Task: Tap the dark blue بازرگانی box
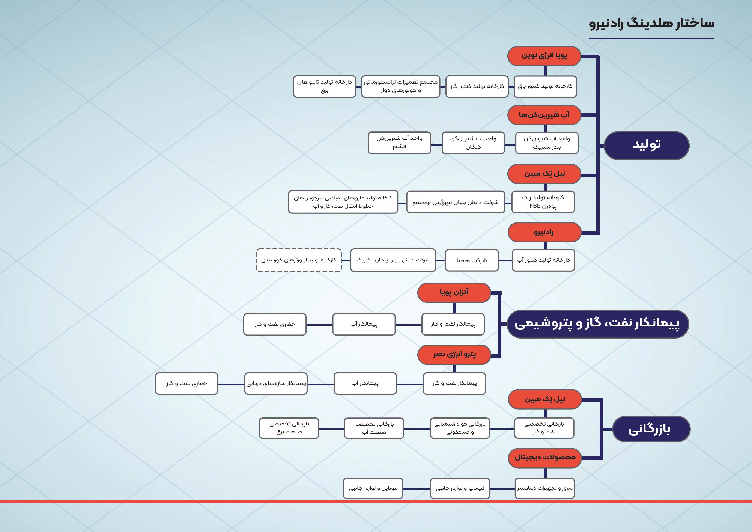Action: [651, 429]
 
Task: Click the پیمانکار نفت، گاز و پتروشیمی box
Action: [597, 324]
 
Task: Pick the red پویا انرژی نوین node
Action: [544, 56]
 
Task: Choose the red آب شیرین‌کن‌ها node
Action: [544, 115]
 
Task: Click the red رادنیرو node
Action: [544, 232]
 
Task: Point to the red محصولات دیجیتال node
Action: [545, 458]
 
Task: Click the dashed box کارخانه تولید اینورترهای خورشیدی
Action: [298, 260]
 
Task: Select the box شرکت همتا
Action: [472, 260]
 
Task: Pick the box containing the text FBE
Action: [543, 202]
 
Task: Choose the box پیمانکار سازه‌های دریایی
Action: [276, 383]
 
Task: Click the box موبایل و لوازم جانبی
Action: [373, 488]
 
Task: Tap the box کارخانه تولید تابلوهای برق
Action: [324, 86]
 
